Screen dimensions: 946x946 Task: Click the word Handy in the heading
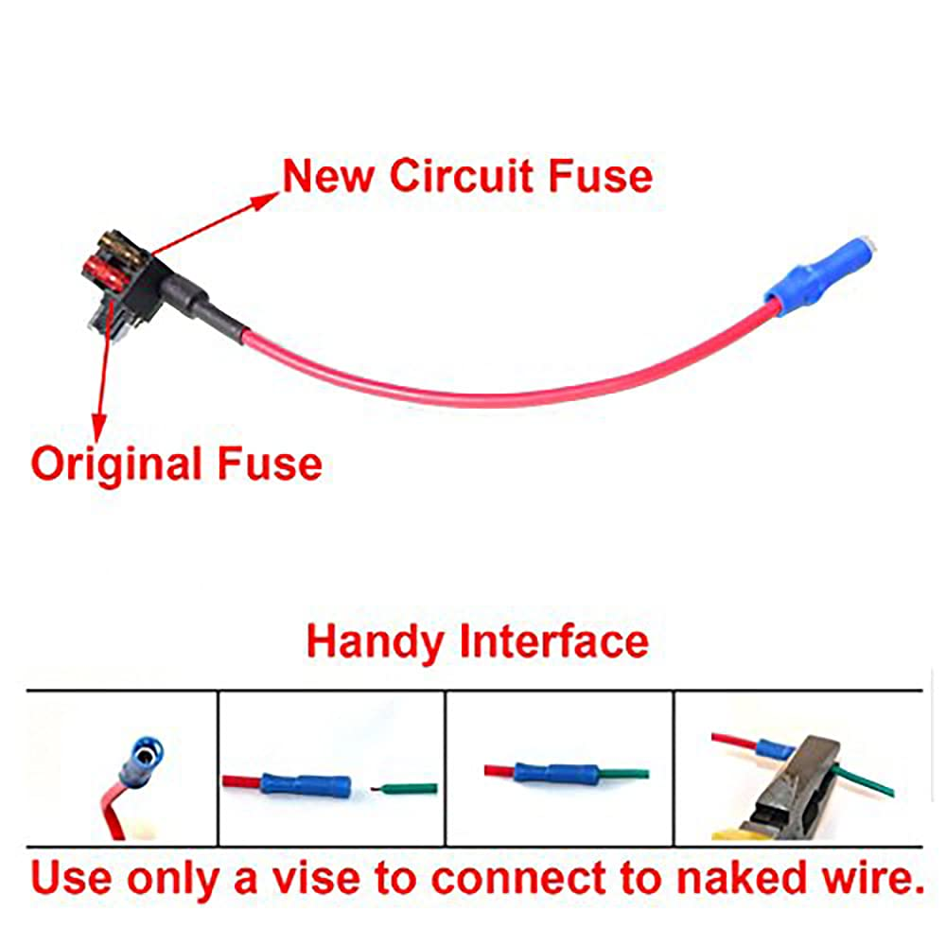(x=375, y=640)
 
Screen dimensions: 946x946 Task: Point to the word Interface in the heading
(x=554, y=640)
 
